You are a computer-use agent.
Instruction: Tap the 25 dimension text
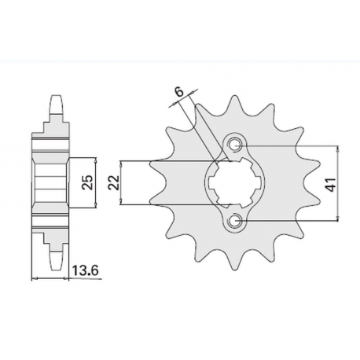pos(89,184)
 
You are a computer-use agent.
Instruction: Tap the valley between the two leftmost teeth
pos(171,184)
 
